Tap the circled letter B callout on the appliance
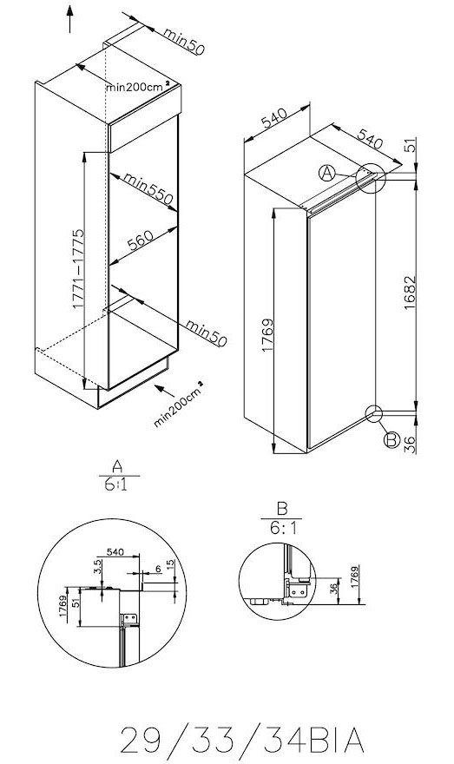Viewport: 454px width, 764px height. pos(391,441)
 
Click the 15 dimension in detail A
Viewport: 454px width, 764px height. pos(170,564)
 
